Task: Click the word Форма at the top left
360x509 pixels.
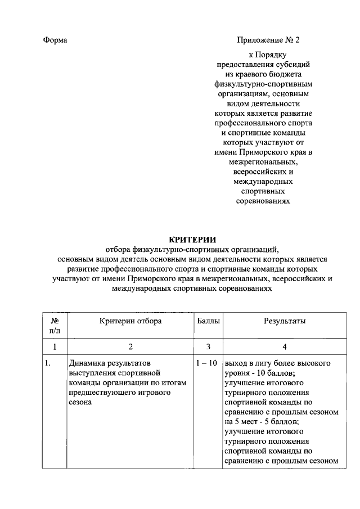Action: tap(55, 40)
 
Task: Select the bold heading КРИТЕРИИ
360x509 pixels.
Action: tap(193, 239)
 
